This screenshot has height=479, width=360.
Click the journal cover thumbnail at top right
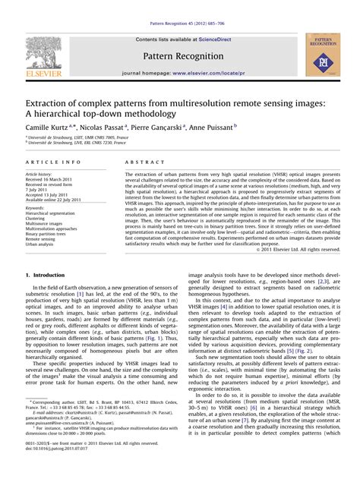tap(323, 54)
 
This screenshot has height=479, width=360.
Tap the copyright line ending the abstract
tap(298, 249)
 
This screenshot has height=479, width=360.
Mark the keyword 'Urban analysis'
tap(41, 244)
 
